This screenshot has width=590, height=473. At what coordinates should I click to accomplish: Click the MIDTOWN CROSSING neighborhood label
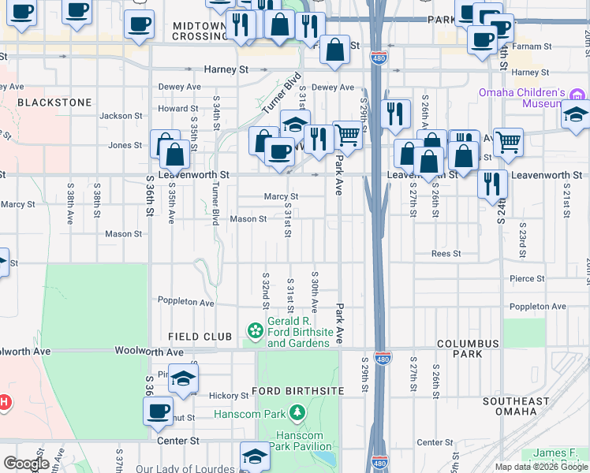tap(200, 32)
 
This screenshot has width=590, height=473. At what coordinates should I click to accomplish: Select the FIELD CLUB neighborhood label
tap(200, 337)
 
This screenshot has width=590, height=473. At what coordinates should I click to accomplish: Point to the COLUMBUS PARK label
tap(468, 349)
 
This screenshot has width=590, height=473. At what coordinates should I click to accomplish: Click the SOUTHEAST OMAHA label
tap(516, 407)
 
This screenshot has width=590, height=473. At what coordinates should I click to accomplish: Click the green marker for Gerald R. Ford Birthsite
tap(256, 331)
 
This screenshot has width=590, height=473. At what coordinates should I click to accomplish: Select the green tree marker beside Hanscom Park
tap(297, 412)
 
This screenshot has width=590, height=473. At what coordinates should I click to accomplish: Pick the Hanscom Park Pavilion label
tap(299, 441)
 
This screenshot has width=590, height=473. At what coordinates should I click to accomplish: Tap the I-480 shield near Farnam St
tap(378, 57)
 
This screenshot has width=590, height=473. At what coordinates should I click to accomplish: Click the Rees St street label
tap(446, 254)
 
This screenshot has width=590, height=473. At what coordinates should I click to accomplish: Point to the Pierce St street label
tap(527, 278)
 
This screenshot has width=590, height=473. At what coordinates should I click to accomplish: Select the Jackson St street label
tap(116, 116)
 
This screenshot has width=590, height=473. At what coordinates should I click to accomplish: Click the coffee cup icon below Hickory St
tap(158, 410)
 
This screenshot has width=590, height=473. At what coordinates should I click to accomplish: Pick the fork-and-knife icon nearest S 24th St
tap(492, 183)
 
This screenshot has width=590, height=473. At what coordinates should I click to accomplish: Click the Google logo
tap(26, 464)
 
